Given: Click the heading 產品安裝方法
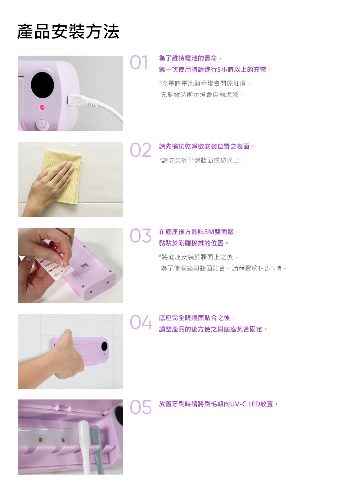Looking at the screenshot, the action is [x=68, y=31].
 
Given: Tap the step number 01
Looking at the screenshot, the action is [x=139, y=62].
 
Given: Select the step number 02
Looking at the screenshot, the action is [x=140, y=150].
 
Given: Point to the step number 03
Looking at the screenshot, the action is [x=140, y=236].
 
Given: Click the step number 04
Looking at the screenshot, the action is [x=141, y=322].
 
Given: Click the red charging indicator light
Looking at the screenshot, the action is [x=42, y=107].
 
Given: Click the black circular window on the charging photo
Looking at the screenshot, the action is [x=42, y=85].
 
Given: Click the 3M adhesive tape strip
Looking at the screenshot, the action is [x=55, y=269].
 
